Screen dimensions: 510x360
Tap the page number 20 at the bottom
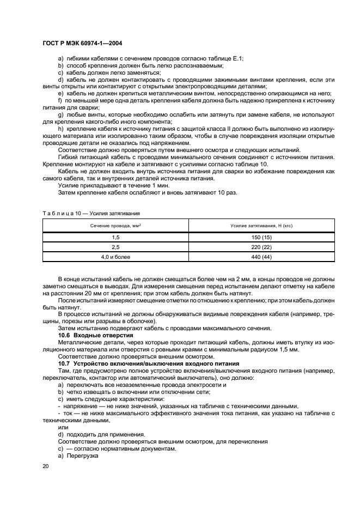pyautogui.click(x=45, y=467)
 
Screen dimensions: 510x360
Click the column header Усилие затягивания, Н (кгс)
pyautogui.click(x=262, y=225)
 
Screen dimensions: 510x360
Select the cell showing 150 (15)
pyautogui.click(x=262, y=238)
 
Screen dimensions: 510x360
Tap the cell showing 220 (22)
pyautogui.click(x=262, y=247)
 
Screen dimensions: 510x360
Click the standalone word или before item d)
pyautogui.click(x=63, y=428)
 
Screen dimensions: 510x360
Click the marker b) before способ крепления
pyautogui.click(x=60, y=65)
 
